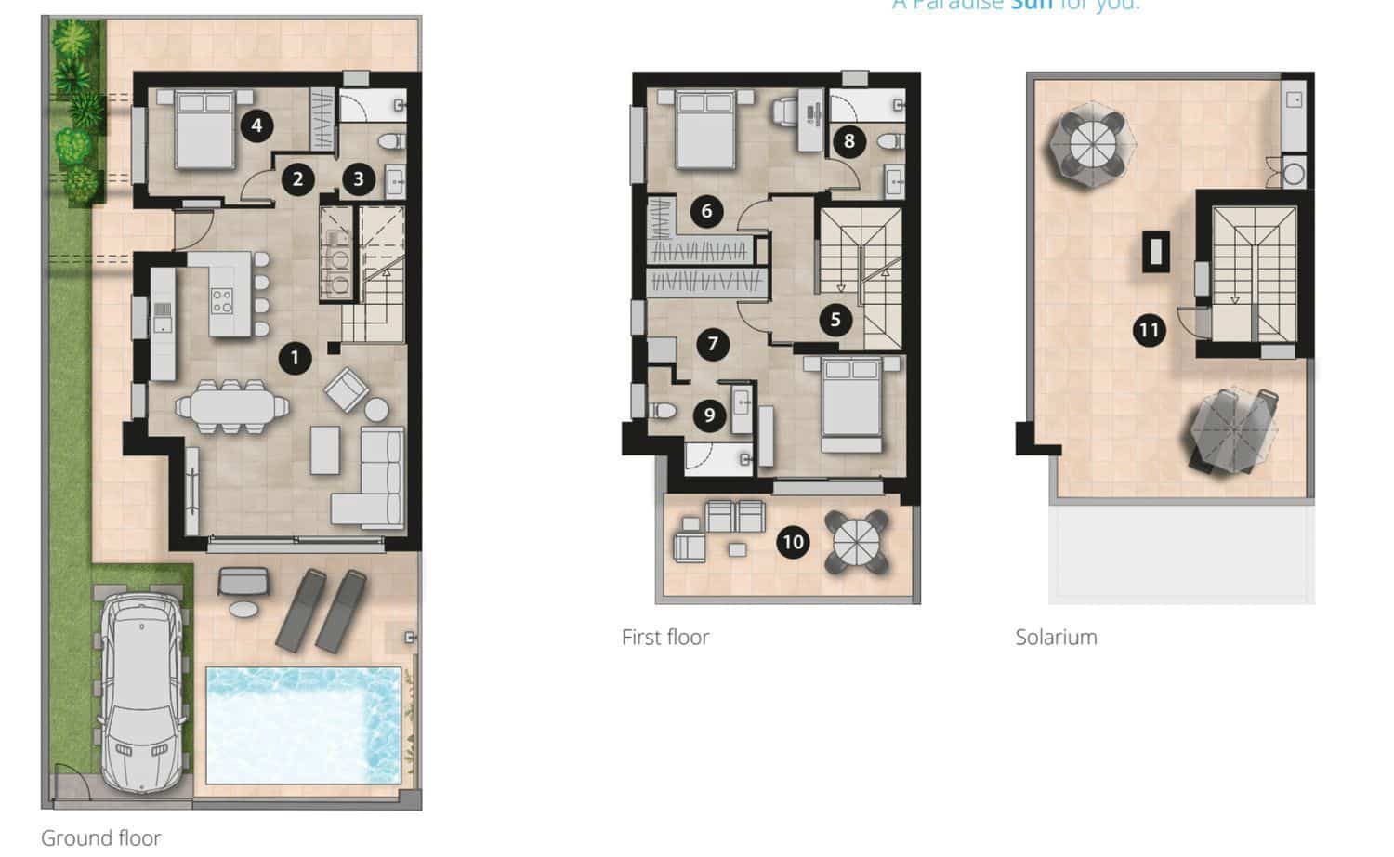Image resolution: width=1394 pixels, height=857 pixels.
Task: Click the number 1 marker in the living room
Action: click(x=295, y=358)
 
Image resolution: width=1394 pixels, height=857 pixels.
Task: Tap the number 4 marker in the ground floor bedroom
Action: click(x=256, y=125)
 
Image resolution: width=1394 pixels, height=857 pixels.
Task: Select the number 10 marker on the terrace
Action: click(x=793, y=542)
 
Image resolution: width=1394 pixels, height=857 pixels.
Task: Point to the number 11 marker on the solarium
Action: click(x=1150, y=330)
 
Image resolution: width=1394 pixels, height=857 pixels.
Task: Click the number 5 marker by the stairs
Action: click(x=835, y=321)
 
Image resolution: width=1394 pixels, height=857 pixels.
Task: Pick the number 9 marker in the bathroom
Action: click(x=709, y=415)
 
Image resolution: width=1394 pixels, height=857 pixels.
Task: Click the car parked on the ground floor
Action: click(x=141, y=692)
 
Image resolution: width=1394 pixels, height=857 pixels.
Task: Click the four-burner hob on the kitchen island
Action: click(x=222, y=299)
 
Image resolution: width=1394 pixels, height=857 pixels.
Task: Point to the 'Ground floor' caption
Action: click(x=100, y=837)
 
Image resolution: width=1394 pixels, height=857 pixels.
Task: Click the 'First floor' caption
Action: click(x=664, y=638)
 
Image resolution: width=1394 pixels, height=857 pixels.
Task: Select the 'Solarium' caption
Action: click(x=1056, y=638)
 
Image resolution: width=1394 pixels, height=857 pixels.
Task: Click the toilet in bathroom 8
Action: click(x=890, y=141)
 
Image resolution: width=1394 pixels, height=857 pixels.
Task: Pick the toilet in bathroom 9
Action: click(x=663, y=410)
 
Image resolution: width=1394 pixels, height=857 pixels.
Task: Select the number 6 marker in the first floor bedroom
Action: click(x=706, y=211)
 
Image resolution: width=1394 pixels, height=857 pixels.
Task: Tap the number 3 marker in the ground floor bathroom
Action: click(x=359, y=178)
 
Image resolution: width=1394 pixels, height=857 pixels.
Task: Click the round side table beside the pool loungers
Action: click(x=243, y=610)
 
